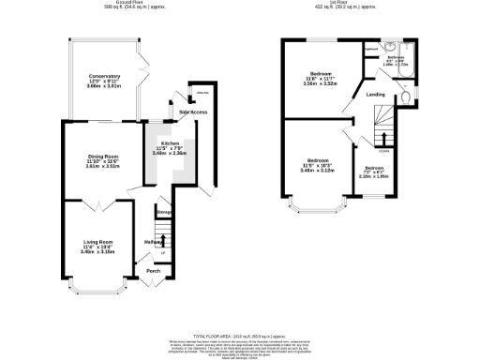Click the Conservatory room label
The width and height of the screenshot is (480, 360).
point(104,76)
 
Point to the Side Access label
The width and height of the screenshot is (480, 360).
point(192,112)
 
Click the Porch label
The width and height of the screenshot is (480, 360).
point(153,274)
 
